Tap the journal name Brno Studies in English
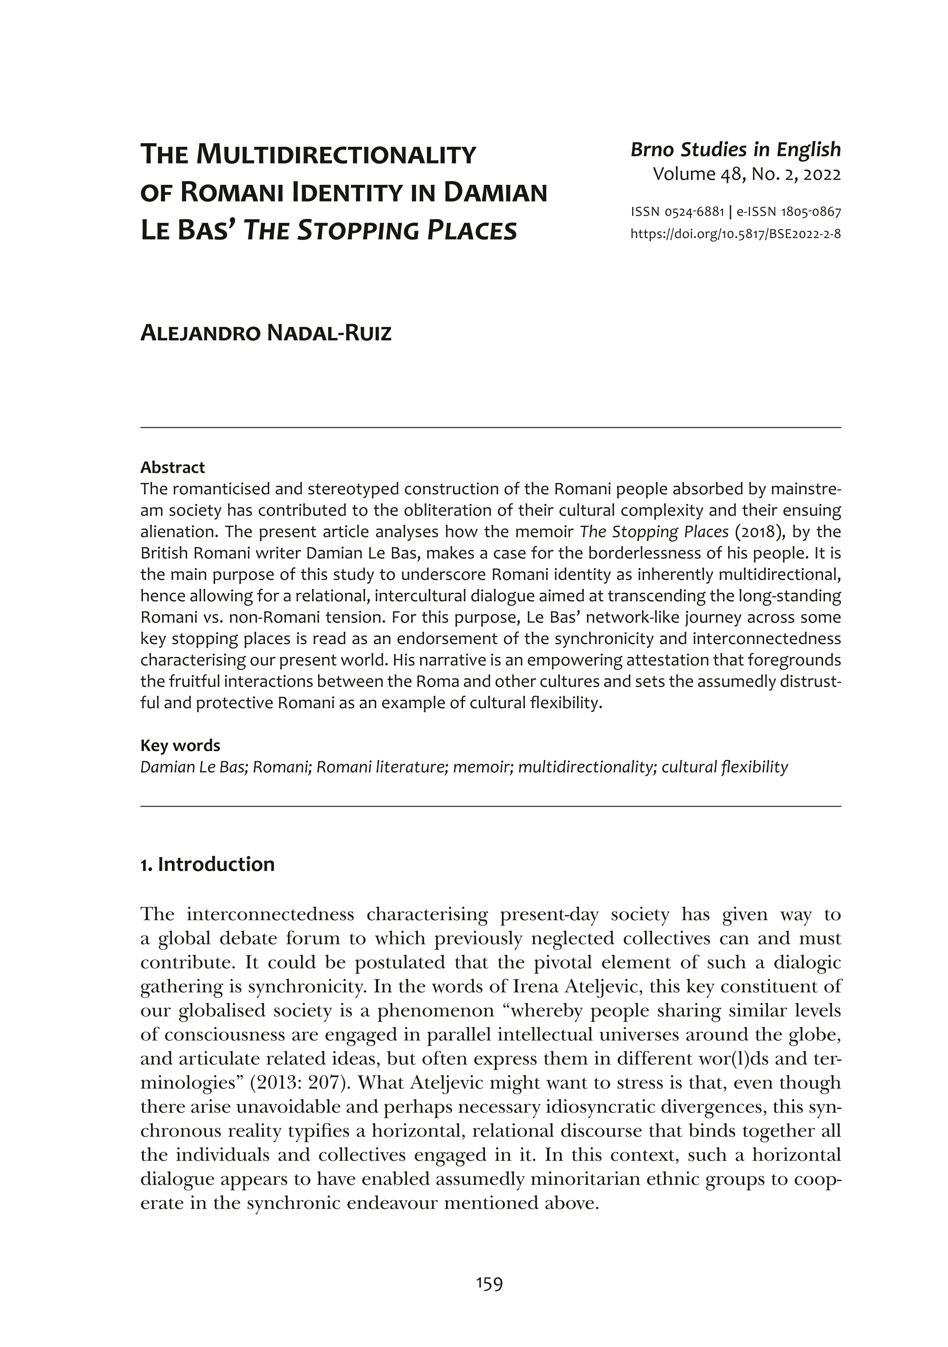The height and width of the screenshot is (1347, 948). [x=735, y=150]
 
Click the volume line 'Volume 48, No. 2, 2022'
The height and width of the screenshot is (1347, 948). [x=746, y=174]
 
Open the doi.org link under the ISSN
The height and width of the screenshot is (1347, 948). [x=735, y=234]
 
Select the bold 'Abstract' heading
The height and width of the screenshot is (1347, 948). [x=172, y=468]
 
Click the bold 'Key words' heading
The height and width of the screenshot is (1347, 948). [x=180, y=746]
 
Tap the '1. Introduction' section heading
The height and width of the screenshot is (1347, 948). [x=208, y=864]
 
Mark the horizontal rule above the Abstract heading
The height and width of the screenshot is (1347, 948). [x=490, y=428]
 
